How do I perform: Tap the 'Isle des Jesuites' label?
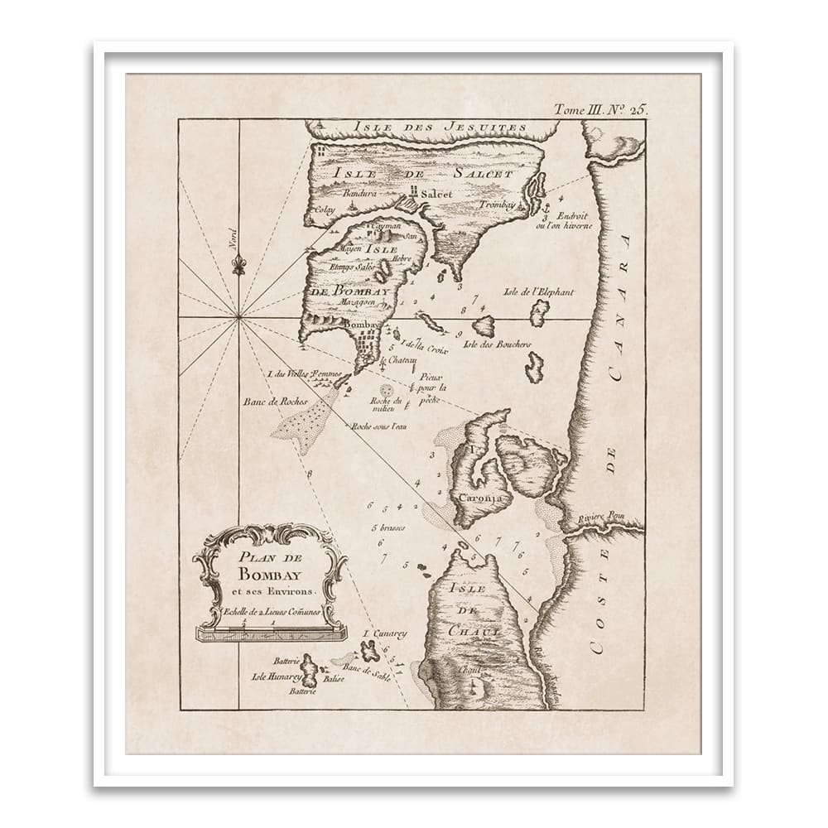pos(440,128)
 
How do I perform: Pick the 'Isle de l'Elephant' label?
pos(538,291)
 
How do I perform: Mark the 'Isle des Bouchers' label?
pos(497,344)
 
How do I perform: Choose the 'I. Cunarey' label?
pos(385,634)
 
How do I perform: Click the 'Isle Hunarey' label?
pos(274,676)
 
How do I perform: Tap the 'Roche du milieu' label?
pos(383,404)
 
